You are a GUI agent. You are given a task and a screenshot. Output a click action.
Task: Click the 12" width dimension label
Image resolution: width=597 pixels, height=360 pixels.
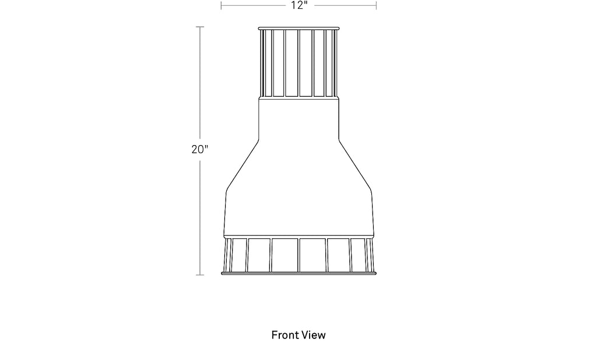tap(299, 5)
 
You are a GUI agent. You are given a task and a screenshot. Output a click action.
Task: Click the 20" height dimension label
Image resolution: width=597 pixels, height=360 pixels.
tap(200, 150)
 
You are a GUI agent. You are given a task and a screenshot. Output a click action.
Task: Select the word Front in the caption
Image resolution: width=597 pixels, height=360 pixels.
tap(284, 335)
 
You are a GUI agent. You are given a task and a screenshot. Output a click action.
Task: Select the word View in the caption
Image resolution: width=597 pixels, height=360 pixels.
tap(312, 335)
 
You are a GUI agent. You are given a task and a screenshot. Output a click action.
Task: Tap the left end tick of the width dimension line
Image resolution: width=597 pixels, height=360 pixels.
tap(221, 5)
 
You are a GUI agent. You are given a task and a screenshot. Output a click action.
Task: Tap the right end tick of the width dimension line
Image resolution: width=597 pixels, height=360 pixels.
tap(376, 5)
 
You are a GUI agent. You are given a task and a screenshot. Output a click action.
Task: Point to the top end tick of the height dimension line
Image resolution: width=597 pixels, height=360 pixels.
tap(200, 27)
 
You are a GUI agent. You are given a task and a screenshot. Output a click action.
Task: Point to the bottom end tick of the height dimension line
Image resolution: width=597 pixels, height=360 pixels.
tap(200, 275)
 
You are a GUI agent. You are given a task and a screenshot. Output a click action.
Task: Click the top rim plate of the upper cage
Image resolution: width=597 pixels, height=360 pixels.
tap(298, 28)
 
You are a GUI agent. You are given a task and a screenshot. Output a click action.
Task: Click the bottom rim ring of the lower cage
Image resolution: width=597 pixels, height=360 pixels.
tap(299, 273)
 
